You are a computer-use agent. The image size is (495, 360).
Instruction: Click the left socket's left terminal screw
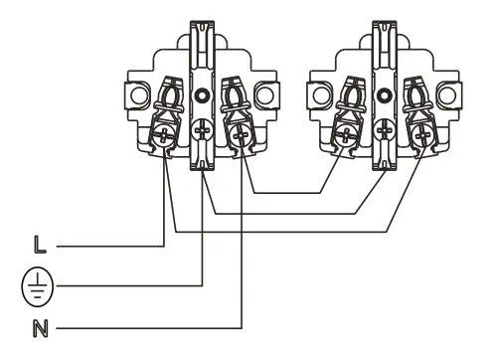tap(162, 129)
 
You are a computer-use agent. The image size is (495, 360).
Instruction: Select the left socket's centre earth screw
tap(203, 129)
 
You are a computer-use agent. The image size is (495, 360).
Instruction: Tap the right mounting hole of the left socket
tap(265, 97)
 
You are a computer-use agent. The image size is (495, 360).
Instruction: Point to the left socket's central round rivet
tap(203, 97)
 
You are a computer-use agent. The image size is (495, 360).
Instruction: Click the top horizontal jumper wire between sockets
tap(288, 193)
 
